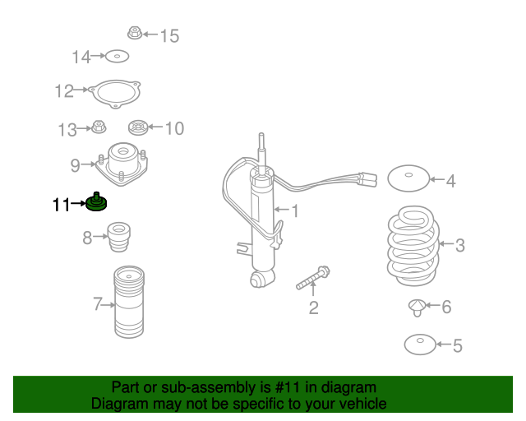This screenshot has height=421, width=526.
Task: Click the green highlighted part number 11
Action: tap(96, 202)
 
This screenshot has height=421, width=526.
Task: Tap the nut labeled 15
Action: tap(135, 33)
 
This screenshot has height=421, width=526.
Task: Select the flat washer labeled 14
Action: tap(117, 57)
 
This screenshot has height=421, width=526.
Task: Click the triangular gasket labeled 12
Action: tap(115, 94)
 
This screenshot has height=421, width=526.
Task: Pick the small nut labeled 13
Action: tap(99, 127)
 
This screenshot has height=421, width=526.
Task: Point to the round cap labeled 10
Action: tap(138, 127)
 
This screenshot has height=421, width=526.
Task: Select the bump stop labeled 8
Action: tap(118, 237)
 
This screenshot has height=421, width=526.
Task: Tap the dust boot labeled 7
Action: tap(129, 302)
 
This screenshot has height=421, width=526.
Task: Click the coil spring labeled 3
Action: tap(413, 246)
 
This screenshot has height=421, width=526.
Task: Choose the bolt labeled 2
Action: tap(313, 278)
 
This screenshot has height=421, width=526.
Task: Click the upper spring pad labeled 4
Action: tap(408, 178)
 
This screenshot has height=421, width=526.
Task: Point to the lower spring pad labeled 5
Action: tap(420, 345)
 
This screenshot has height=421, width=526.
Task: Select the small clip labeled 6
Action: tap(417, 308)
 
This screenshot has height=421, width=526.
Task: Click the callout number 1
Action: tap(294, 211)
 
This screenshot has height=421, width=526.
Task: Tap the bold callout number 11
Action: tap(61, 205)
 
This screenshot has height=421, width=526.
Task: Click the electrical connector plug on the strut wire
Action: tap(367, 179)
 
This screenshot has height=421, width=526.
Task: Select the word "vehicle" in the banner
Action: tap(366, 404)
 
